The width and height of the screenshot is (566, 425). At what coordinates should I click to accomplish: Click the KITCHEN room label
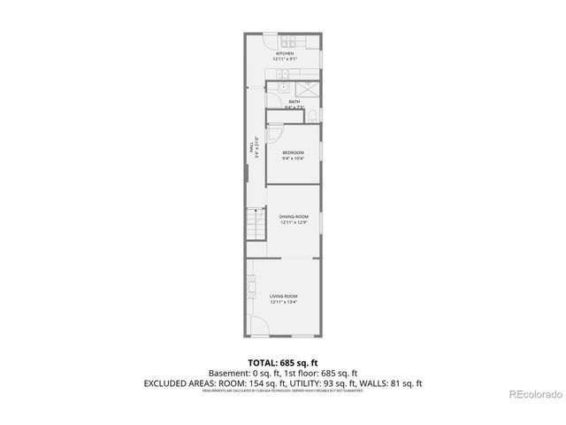(x=284, y=54)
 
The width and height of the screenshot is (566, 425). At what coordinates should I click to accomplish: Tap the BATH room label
(x=294, y=102)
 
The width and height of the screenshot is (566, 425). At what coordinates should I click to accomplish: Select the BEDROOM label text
(x=293, y=153)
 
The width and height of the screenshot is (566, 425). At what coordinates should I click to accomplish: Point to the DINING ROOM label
(x=294, y=216)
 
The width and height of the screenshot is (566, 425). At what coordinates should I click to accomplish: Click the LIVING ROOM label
(x=284, y=296)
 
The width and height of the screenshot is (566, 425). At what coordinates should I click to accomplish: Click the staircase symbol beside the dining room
(x=256, y=225)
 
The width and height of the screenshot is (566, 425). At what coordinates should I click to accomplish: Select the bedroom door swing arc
(x=274, y=134)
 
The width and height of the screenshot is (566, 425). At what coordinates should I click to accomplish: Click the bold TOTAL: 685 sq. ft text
(x=283, y=363)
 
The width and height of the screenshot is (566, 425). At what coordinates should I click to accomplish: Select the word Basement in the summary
(x=226, y=374)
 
